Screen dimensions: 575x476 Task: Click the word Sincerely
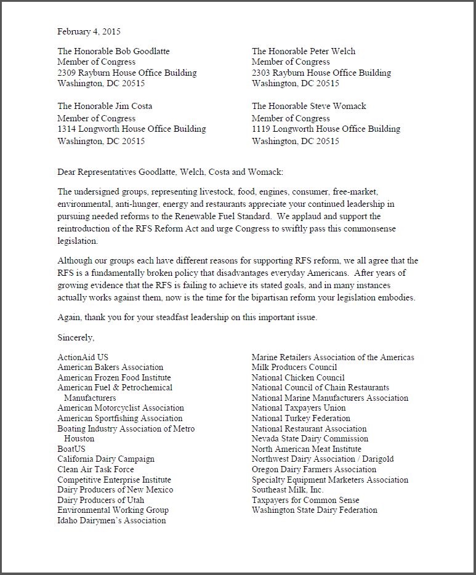(76, 337)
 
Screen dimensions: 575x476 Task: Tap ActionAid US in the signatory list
(83, 357)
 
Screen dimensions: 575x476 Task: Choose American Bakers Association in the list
(110, 368)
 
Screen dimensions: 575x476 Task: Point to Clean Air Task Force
(95, 469)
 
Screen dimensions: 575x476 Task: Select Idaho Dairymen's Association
(111, 520)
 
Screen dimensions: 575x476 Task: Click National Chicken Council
(298, 377)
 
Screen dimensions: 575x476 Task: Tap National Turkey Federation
(301, 419)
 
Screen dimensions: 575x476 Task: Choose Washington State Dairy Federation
(314, 510)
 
